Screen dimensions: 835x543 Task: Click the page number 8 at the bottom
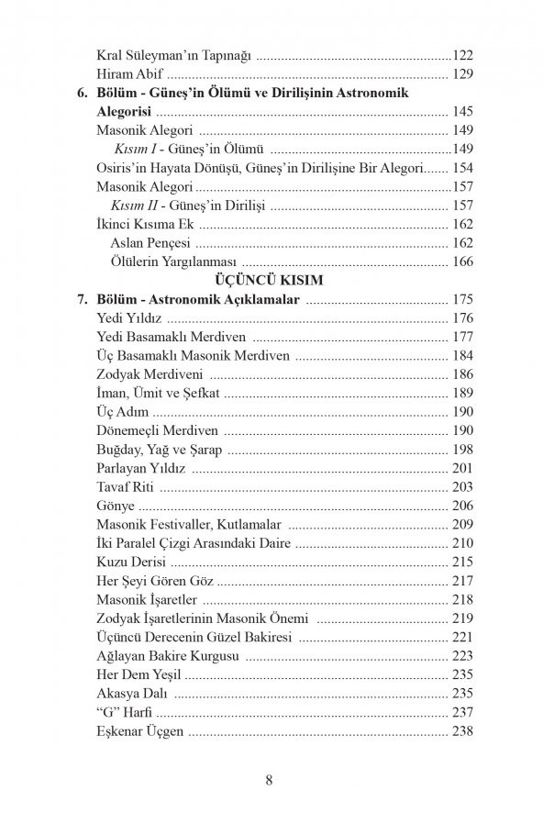point(270,781)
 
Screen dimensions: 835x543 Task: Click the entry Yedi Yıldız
point(129,318)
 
